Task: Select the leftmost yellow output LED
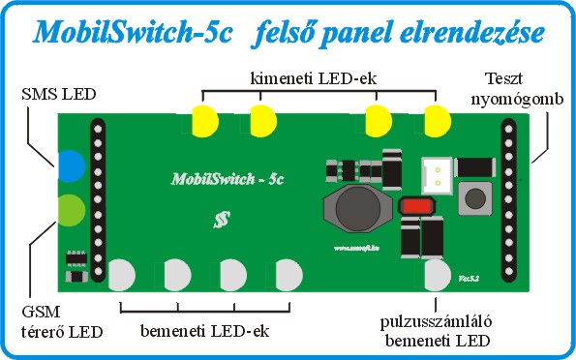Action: [204, 122]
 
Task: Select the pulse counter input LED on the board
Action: [439, 276]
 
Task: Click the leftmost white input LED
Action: [122, 276]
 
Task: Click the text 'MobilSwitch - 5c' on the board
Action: [227, 179]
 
